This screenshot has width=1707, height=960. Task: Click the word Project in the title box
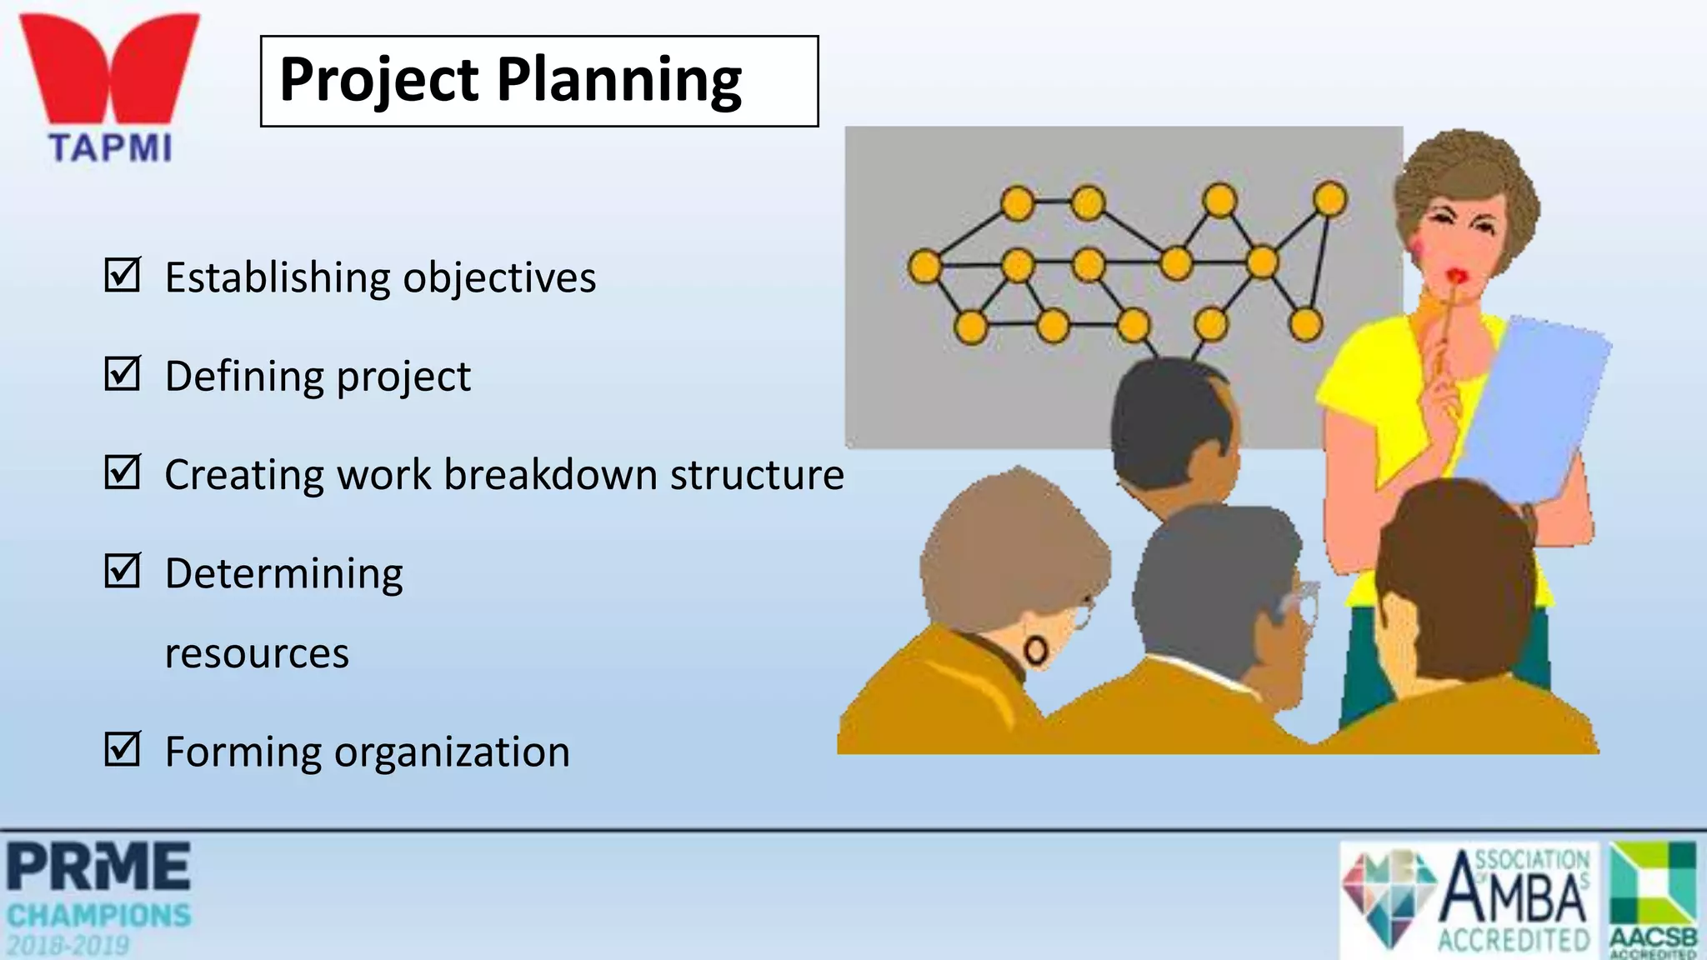379,81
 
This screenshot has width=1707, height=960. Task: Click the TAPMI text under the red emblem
110,148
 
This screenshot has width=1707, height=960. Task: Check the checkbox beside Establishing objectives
123,275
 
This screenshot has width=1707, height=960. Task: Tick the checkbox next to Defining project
123,373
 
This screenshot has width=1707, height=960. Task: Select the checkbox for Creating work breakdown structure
123,472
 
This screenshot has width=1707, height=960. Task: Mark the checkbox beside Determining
123,571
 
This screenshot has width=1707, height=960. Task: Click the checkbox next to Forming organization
123,748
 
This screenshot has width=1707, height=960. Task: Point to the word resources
257,653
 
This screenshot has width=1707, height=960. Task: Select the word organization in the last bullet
452,752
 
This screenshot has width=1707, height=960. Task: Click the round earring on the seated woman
1036,651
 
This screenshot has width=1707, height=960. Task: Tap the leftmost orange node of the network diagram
925,267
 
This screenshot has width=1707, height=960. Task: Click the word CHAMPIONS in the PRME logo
99,916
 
